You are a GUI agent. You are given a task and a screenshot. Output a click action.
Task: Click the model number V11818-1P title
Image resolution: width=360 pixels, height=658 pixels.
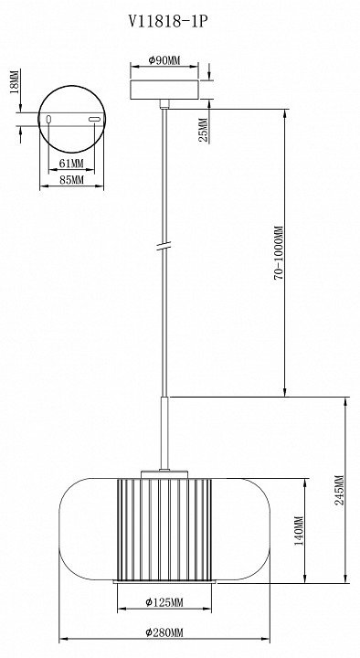167,22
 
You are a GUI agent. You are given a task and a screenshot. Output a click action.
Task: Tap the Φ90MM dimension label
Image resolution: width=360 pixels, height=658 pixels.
164,60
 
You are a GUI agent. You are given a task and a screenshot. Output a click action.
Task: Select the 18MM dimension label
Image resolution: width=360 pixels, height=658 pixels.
14,81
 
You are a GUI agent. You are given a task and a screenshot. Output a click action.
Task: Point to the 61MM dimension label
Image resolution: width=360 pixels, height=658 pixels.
71,163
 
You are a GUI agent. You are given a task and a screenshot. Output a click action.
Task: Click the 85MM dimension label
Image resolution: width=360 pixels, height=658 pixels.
71,180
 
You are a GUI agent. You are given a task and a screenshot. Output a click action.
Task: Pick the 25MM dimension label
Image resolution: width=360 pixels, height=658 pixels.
203,130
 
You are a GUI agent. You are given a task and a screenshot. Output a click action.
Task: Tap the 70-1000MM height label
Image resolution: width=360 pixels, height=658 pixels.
280,252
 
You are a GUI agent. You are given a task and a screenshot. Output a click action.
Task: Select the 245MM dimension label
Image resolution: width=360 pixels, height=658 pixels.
339,490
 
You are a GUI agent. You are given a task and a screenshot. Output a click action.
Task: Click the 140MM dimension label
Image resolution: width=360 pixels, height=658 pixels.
299,530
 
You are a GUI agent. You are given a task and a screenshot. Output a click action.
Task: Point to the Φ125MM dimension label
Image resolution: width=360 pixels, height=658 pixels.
164,602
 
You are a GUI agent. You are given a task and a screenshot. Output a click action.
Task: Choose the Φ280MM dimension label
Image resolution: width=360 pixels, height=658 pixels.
164,632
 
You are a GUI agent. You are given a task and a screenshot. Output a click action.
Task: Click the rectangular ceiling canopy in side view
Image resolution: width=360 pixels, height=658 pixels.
164,90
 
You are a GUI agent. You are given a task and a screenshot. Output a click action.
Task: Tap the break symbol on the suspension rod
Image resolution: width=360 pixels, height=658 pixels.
164,247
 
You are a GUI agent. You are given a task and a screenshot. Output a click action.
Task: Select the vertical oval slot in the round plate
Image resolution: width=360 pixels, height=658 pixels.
48,120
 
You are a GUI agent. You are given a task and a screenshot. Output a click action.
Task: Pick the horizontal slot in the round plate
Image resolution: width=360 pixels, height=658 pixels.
94,120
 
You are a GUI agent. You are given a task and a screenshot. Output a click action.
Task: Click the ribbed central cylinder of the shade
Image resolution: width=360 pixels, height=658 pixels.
164,529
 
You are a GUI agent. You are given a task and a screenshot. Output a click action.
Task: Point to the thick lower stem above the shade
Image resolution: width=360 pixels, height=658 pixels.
164,432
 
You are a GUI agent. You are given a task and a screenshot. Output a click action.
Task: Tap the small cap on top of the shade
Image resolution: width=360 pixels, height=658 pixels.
164,474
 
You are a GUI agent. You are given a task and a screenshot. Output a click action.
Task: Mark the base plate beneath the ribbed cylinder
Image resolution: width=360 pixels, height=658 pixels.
164,582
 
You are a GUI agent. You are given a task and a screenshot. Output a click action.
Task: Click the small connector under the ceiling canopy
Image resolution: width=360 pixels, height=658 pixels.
164,103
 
